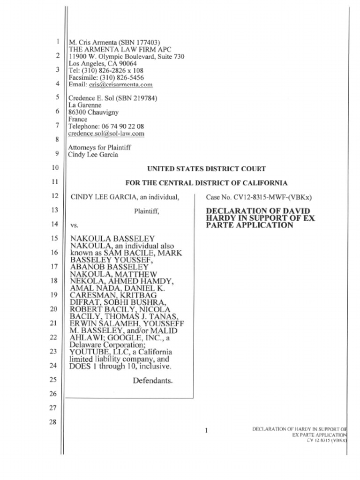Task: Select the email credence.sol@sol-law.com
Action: [x=106, y=134]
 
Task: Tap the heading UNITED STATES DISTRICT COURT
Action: [x=206, y=169]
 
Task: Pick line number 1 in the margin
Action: [x=56, y=41]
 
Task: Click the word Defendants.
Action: [x=152, y=381]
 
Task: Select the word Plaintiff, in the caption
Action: [x=147, y=211]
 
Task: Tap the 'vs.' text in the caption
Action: [x=74, y=225]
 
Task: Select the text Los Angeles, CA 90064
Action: [x=103, y=63]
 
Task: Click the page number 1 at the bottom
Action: [x=206, y=430]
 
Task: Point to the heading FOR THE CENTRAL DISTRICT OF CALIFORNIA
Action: [x=206, y=183]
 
